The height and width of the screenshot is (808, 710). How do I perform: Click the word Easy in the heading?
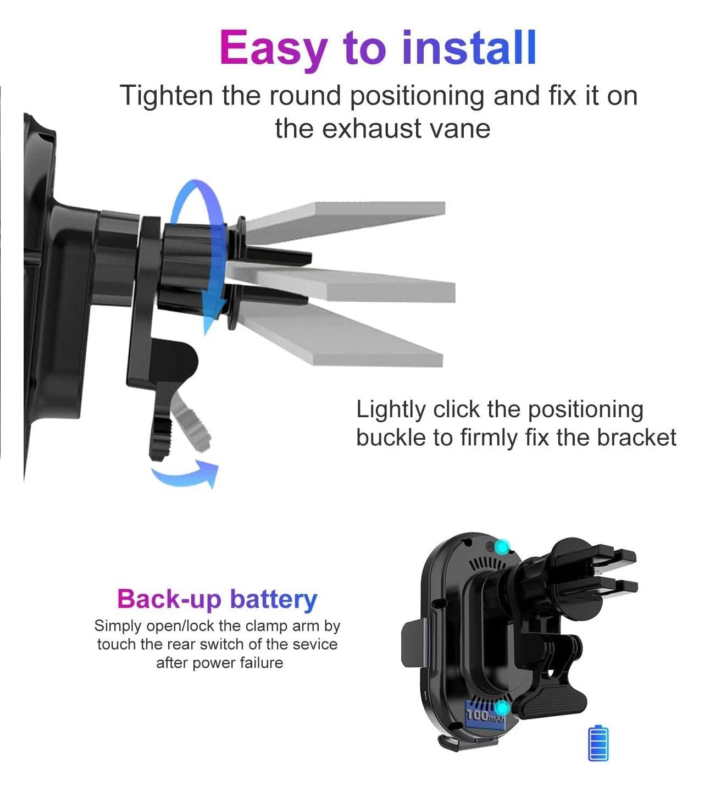274,49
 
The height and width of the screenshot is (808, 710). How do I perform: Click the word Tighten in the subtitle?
167,97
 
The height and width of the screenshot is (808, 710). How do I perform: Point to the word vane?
460,130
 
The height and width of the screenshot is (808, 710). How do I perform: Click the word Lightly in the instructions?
391,411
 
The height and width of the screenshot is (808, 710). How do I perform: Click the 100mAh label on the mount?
485,715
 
